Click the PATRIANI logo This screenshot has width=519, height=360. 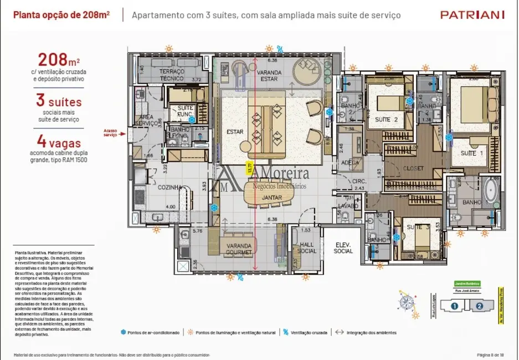471,15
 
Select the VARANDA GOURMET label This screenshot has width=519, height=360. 239,249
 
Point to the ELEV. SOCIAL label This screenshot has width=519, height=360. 343,248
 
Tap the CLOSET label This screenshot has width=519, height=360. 413,168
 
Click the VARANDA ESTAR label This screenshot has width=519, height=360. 269,76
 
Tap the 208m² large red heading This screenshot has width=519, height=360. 58,59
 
